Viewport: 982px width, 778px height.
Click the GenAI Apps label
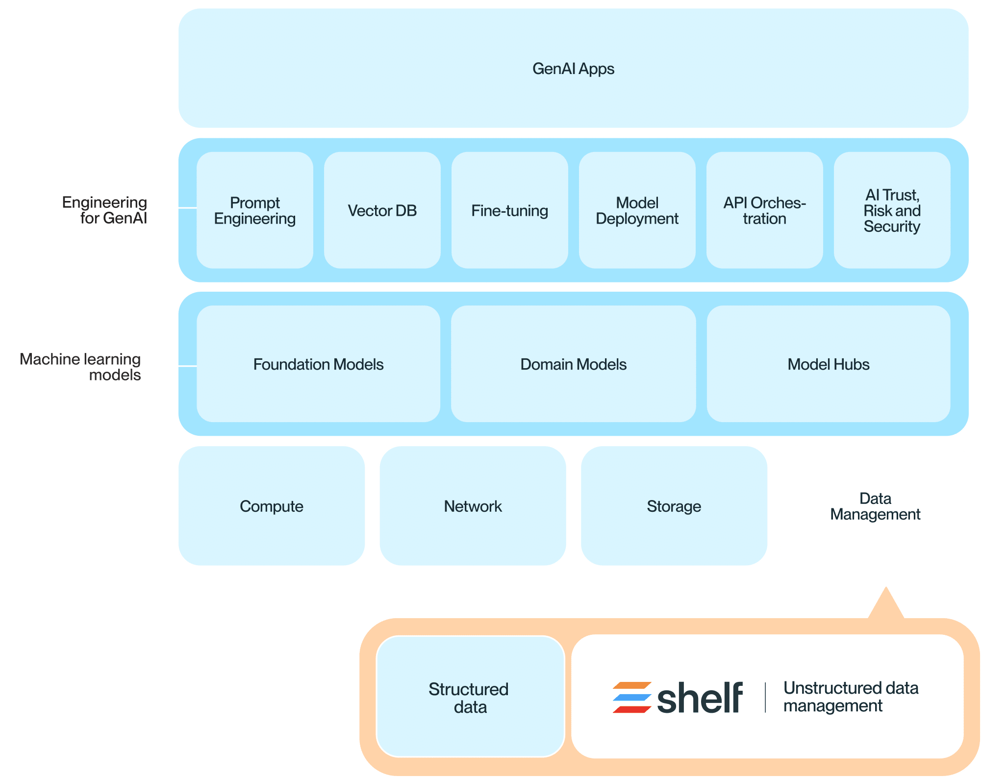pos(573,69)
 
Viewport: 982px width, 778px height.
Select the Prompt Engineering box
pos(254,210)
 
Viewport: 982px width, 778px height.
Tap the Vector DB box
pos(382,210)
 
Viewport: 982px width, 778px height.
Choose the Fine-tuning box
pos(509,210)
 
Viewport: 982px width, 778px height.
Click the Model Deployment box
pos(637,210)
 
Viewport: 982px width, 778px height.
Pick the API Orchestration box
pos(764,210)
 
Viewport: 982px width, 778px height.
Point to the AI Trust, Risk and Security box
pos(892,210)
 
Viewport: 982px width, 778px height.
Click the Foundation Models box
pos(318,364)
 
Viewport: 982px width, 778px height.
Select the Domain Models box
pos(573,364)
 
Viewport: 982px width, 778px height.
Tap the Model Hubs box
pos(828,364)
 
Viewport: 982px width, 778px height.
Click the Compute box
pos(271,506)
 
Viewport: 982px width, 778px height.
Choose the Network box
pos(473,506)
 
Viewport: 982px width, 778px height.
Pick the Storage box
pos(674,506)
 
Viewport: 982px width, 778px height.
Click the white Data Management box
pos(875,506)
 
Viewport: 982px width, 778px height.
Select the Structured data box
pos(470,698)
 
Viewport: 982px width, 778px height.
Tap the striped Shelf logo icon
pos(631,698)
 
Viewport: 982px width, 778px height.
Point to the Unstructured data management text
pos(850,697)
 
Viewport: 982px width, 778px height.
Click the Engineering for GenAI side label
pos(104,210)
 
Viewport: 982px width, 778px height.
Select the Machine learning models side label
pos(81,367)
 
